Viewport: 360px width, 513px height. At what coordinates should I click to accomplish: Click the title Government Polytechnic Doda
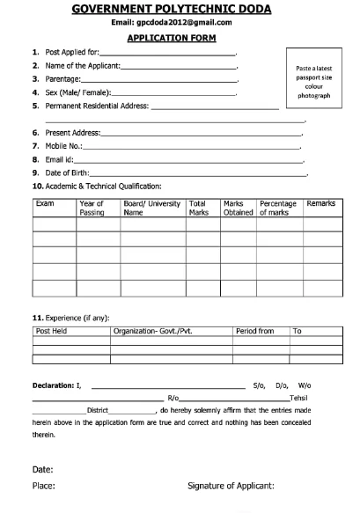coord(179,9)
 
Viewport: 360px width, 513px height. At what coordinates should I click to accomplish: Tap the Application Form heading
coord(179,39)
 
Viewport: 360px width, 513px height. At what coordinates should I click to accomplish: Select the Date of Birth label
coord(61,172)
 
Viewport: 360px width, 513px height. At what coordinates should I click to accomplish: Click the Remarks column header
coord(320,204)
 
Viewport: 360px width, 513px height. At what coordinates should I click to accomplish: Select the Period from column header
coord(255,331)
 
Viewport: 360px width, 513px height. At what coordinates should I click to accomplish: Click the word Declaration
coord(53,385)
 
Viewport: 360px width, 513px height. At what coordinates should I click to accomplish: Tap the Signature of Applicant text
coord(231,485)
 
